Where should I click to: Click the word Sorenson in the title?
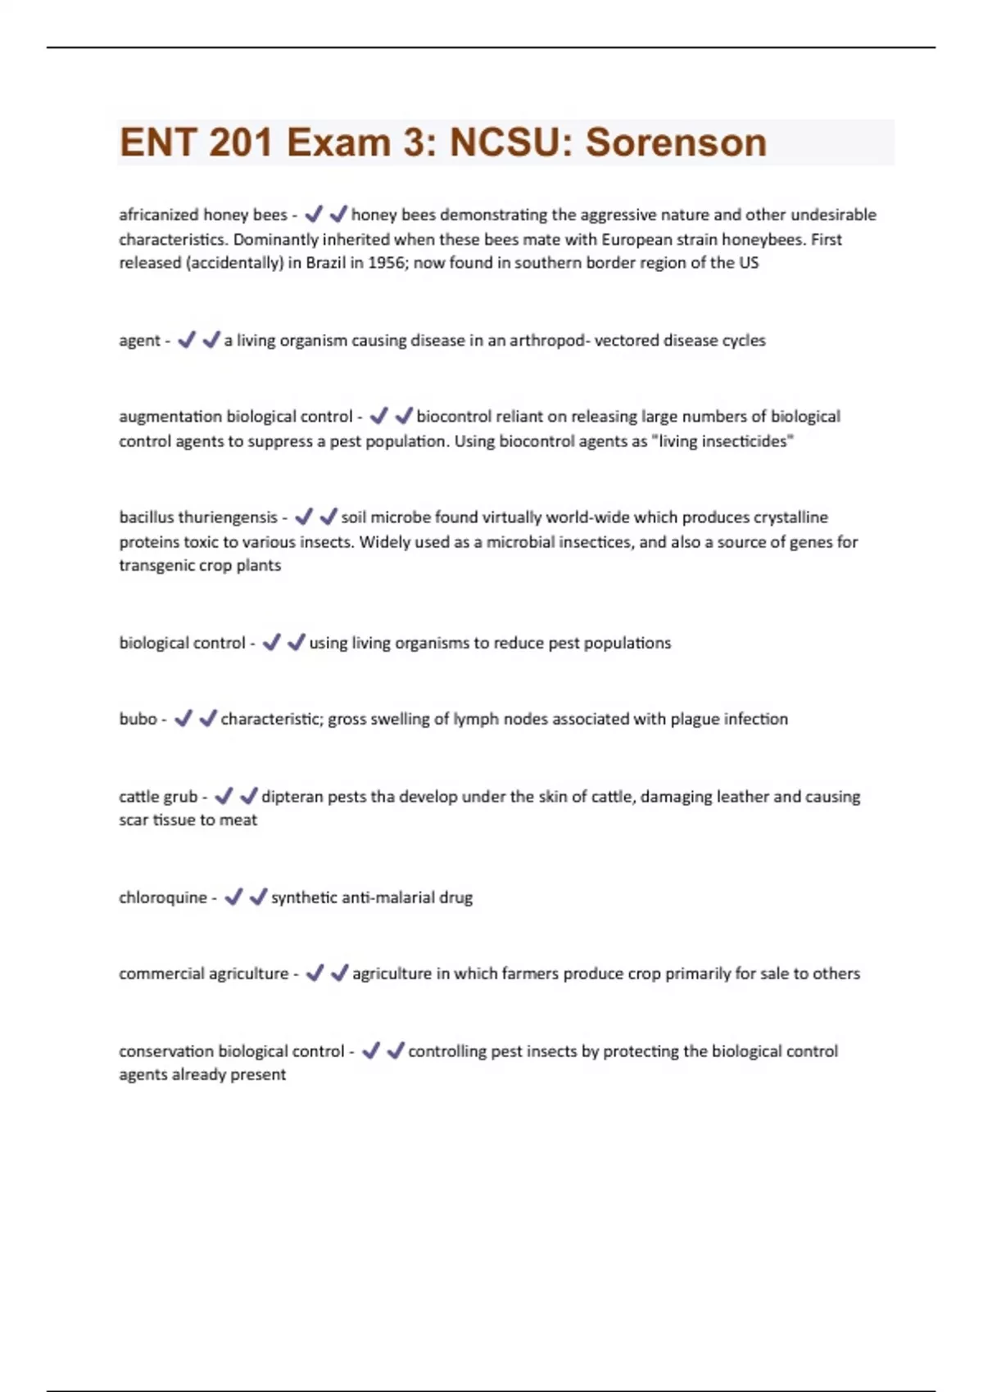(x=676, y=142)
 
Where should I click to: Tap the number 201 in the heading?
(x=240, y=142)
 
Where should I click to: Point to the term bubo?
(x=138, y=719)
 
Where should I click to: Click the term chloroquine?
(x=163, y=897)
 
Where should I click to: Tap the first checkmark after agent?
(x=187, y=340)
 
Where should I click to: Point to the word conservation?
(x=166, y=1051)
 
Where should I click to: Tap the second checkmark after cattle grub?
(x=249, y=796)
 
